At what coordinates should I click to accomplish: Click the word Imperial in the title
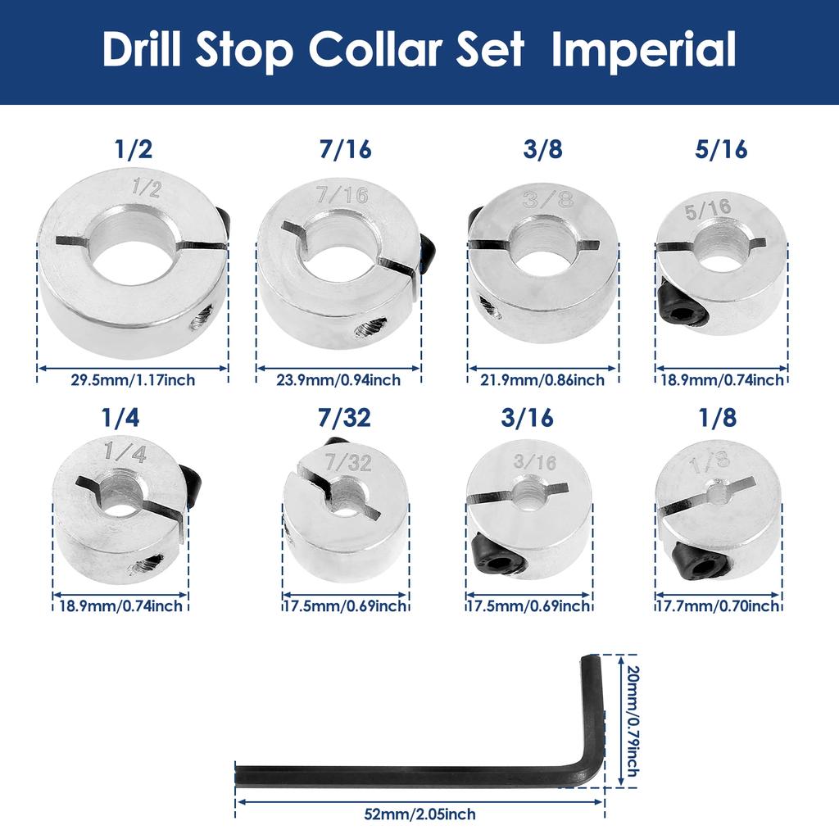click(643, 51)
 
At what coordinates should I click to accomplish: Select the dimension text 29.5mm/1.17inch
click(133, 379)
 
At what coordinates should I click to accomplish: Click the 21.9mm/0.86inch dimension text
click(542, 379)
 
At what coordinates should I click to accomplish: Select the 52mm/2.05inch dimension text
click(419, 814)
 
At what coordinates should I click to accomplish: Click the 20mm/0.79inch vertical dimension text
click(632, 721)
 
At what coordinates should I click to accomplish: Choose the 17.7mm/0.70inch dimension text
click(719, 606)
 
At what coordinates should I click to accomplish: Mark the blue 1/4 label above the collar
click(120, 418)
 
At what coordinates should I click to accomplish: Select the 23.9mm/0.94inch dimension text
click(338, 379)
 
